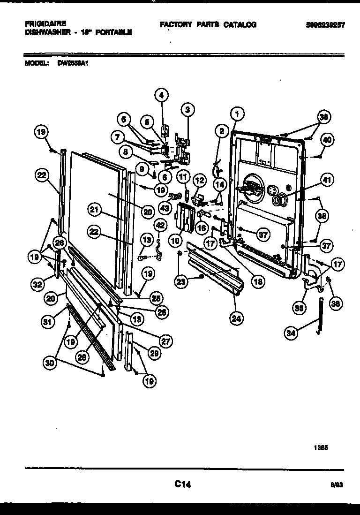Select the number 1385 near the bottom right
tap(321, 448)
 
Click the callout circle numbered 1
tap(237, 113)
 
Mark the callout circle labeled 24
tap(237, 318)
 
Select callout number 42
tap(160, 226)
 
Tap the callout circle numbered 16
tap(202, 228)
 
